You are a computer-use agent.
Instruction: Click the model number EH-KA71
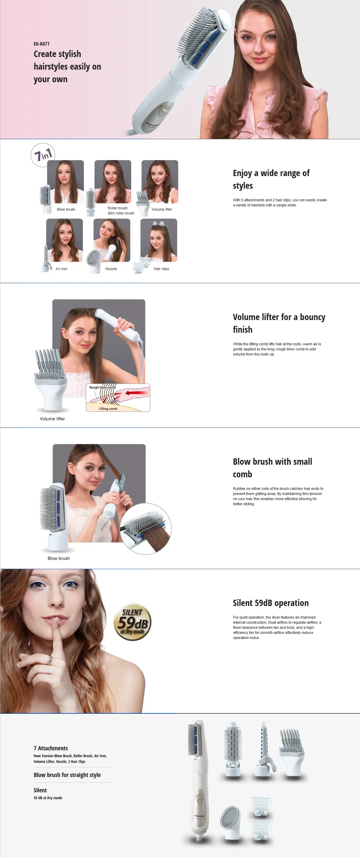[41, 43]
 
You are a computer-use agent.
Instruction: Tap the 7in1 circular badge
[43, 155]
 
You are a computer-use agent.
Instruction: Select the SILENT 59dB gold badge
[133, 622]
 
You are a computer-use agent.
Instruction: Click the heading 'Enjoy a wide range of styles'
[271, 179]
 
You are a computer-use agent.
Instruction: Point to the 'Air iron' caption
[61, 269]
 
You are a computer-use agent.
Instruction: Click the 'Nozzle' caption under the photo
[111, 269]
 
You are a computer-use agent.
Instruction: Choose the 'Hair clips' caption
[161, 269]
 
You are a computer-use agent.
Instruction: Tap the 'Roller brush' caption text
[118, 208]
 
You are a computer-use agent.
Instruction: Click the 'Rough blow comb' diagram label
[103, 387]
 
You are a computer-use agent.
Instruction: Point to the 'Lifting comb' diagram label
[108, 409]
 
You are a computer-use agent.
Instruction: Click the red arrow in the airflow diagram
[136, 393]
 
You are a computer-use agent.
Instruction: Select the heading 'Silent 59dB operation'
[270, 603]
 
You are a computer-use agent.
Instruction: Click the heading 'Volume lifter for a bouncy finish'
[279, 323]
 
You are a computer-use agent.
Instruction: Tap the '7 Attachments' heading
[51, 748]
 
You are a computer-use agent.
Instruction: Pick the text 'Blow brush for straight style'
[67, 775]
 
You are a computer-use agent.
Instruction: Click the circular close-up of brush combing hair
[146, 529]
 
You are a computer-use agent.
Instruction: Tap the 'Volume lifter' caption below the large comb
[52, 419]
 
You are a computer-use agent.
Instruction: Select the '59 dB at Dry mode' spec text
[48, 798]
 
